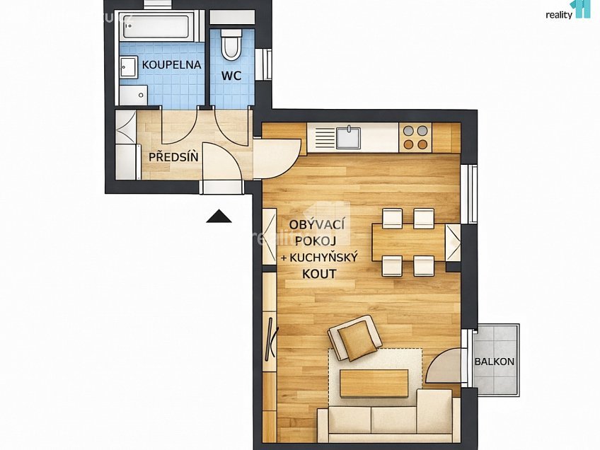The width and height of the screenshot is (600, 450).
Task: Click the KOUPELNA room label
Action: [171, 64]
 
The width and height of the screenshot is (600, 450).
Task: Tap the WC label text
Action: [231, 76]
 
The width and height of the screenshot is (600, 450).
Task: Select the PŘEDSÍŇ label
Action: [173, 156]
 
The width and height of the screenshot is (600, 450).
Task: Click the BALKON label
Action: [495, 362]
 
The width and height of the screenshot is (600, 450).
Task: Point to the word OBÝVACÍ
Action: [317, 224]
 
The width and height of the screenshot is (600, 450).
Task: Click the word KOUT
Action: [319, 274]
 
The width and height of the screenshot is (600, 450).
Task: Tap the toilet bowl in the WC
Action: [231, 44]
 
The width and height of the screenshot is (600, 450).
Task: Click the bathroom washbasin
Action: [129, 67]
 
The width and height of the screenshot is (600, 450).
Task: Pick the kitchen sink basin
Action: [348, 138]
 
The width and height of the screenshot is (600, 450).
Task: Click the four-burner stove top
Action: [415, 137]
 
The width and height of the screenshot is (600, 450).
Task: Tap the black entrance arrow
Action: [219, 217]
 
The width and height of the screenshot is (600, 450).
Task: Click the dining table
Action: [408, 243]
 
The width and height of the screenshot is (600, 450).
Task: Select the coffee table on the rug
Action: [374, 383]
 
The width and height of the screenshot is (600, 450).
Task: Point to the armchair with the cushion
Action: [354, 338]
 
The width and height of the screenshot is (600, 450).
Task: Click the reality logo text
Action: [559, 15]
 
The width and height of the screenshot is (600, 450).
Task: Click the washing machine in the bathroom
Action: [133, 95]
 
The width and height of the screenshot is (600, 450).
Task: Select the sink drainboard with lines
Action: [325, 138]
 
